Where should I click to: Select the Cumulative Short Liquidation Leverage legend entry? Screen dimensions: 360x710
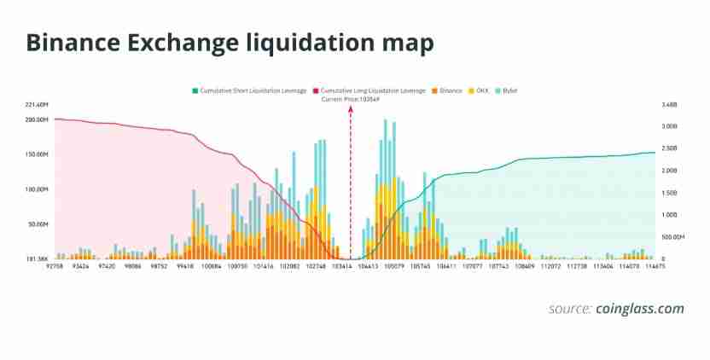tap(253, 90)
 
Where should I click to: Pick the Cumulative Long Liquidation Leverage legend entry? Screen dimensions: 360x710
tap(373, 90)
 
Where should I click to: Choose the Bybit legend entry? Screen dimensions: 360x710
tap(509, 90)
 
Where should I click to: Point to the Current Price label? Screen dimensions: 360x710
tap(350, 99)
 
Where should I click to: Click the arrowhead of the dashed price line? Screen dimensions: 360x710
tap(350, 111)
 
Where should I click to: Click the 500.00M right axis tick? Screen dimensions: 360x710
tap(672, 237)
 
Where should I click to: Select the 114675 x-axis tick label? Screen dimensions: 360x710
tap(655, 266)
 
